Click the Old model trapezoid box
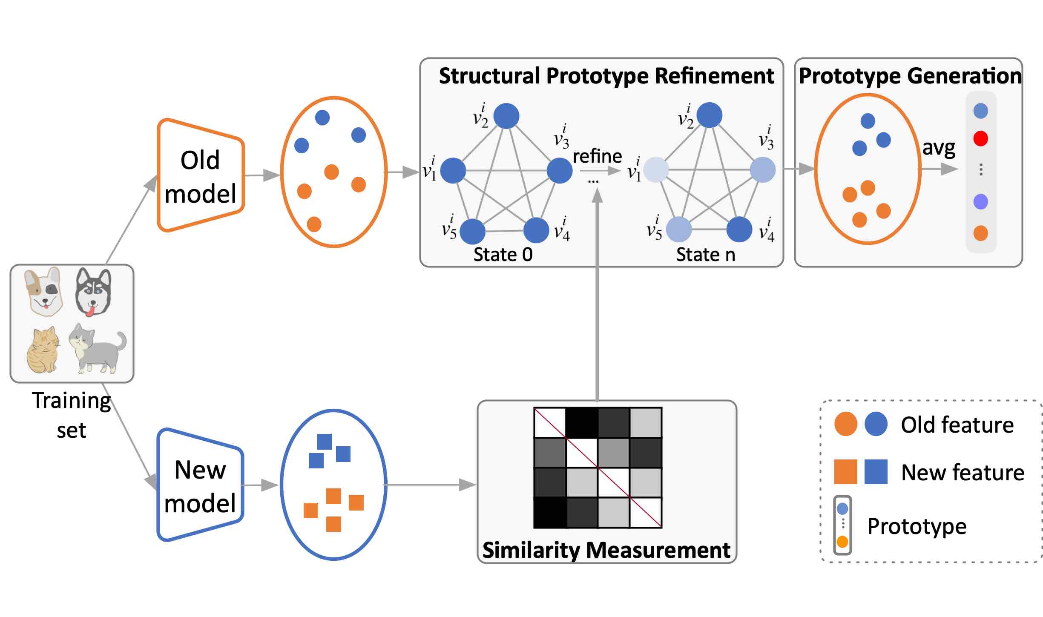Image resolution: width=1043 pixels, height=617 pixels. [201, 175]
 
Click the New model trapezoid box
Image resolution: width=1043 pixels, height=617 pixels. [200, 485]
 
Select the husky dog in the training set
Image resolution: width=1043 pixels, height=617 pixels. [93, 292]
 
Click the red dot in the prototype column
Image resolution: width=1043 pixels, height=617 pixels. [980, 138]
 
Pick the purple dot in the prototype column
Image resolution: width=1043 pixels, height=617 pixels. [980, 201]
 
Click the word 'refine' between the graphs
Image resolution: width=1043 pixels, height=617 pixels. [597, 156]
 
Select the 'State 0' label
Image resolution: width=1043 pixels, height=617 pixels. [503, 255]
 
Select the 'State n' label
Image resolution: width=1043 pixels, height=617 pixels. [706, 255]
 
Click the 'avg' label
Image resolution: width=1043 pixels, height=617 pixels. [939, 148]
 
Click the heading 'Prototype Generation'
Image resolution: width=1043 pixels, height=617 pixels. [910, 76]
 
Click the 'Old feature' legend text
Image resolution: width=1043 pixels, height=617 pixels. [957, 425]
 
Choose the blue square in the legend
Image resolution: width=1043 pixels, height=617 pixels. [876, 472]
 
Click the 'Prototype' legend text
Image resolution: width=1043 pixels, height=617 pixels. [917, 526]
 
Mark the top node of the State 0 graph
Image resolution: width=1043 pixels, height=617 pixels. [506, 116]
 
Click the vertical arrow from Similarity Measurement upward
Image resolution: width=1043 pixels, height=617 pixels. [597, 298]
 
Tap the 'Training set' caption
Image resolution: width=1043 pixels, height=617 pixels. [72, 415]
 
